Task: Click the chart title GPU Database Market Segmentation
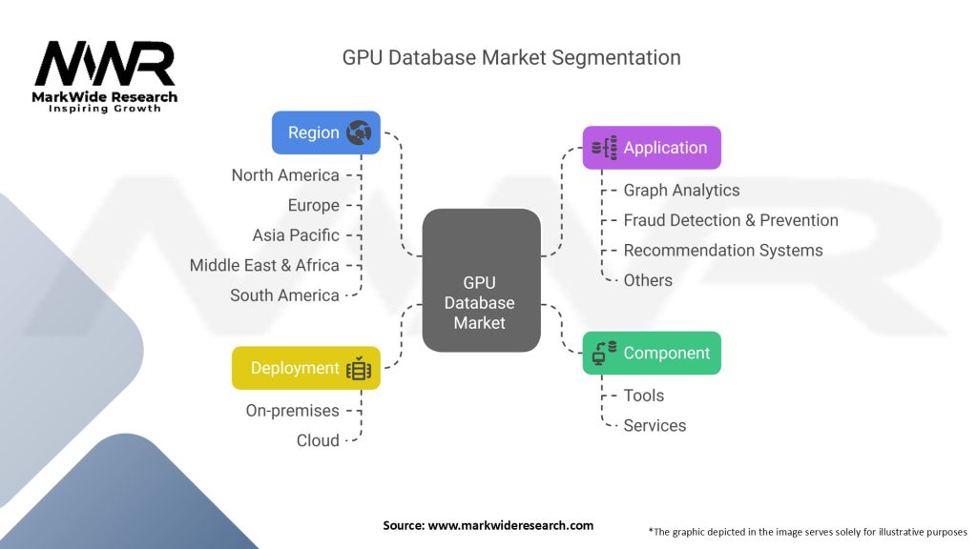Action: tap(511, 57)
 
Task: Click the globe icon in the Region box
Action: tap(360, 132)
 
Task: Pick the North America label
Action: tap(285, 175)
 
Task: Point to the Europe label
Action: tap(313, 205)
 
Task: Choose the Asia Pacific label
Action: tap(296, 234)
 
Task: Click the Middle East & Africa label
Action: tap(264, 265)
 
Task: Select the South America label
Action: tap(284, 295)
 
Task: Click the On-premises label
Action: tap(291, 411)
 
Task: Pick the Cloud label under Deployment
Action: tap(318, 440)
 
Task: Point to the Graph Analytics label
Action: tap(681, 191)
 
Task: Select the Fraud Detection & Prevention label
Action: tap(731, 220)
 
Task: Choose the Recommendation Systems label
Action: tap(722, 250)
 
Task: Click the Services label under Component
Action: tap(655, 425)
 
